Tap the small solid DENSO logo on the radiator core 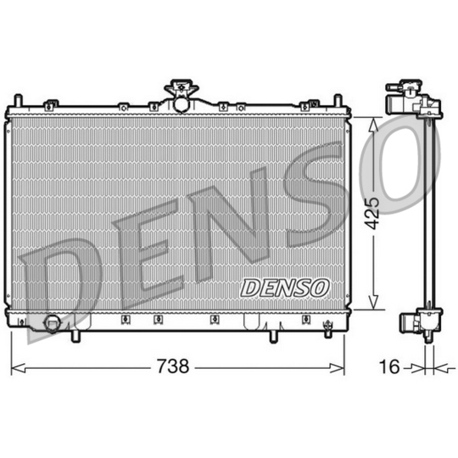[x=285, y=288]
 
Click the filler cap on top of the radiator [x=180, y=89]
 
